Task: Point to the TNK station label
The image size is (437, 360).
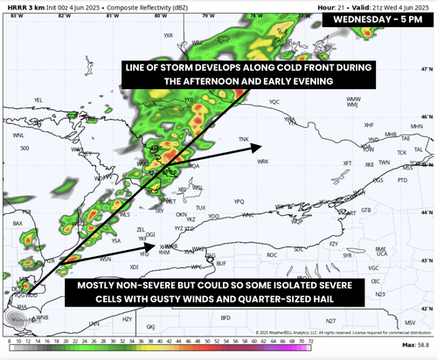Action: (x=244, y=139)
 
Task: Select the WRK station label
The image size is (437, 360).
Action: (x=261, y=161)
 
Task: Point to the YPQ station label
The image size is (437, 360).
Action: (x=238, y=201)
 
